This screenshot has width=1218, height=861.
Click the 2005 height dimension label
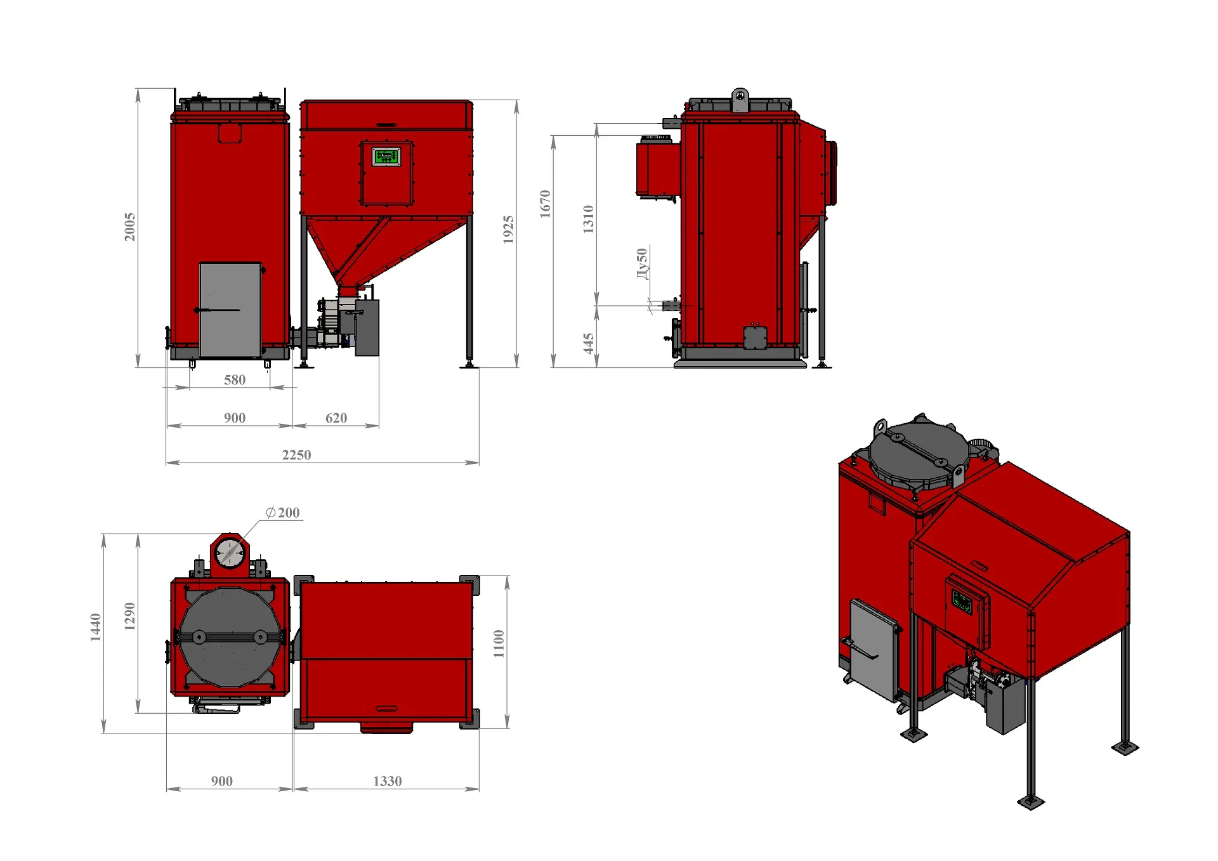click(129, 227)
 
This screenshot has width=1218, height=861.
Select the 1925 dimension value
click(508, 229)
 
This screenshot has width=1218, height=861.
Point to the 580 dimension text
click(235, 379)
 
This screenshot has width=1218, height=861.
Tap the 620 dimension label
click(336, 417)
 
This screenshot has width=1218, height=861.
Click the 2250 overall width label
click(296, 454)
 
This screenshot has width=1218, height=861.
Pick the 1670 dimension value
click(545, 204)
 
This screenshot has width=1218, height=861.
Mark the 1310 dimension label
click(588, 219)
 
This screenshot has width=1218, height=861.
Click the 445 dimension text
click(588, 343)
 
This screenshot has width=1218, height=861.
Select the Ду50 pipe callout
click(642, 263)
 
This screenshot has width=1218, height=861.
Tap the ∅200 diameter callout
click(283, 512)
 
